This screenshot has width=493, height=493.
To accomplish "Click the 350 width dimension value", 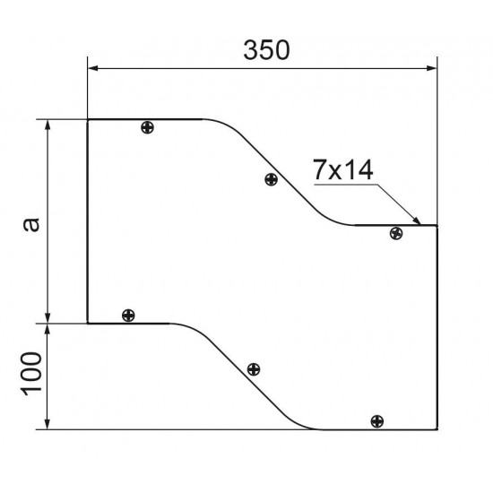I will click(x=266, y=50).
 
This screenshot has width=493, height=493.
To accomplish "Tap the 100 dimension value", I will click(x=30, y=376).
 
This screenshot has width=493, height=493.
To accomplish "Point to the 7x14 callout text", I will click(x=344, y=170).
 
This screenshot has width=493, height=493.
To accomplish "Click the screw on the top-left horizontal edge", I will click(x=148, y=127).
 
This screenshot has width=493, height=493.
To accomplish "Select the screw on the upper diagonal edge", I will click(x=271, y=180).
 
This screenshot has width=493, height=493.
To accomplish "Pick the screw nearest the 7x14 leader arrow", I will click(x=396, y=234).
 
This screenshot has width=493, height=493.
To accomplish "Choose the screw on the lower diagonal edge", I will click(x=254, y=369).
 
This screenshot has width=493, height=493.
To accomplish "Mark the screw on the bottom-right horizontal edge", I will click(x=376, y=420).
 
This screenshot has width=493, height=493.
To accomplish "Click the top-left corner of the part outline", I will click(x=87, y=119).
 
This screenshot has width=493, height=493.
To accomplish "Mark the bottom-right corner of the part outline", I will click(x=437, y=429).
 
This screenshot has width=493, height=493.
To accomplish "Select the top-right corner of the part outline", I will click(x=437, y=226).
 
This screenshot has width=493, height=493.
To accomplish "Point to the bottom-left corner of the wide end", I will click(x=87, y=322).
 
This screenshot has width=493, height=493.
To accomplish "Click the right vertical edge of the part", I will click(x=437, y=327).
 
